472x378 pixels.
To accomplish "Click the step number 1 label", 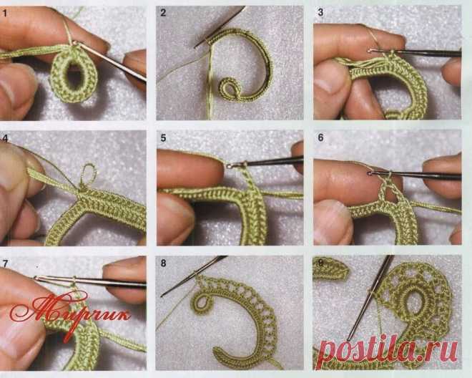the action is [x=4, y=14].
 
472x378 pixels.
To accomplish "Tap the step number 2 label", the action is [x=163, y=13].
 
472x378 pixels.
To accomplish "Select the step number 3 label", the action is [x=320, y=12].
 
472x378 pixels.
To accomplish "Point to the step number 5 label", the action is [x=163, y=138].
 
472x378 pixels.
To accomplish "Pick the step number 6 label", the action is [x=320, y=137].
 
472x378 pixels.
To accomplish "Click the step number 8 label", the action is [x=163, y=263].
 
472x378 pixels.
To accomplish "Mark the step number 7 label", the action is [x=4, y=263].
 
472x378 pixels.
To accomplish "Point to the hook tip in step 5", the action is [x=230, y=165].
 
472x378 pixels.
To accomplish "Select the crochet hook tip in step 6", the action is [x=370, y=173].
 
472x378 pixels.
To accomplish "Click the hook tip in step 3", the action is [x=371, y=50].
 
